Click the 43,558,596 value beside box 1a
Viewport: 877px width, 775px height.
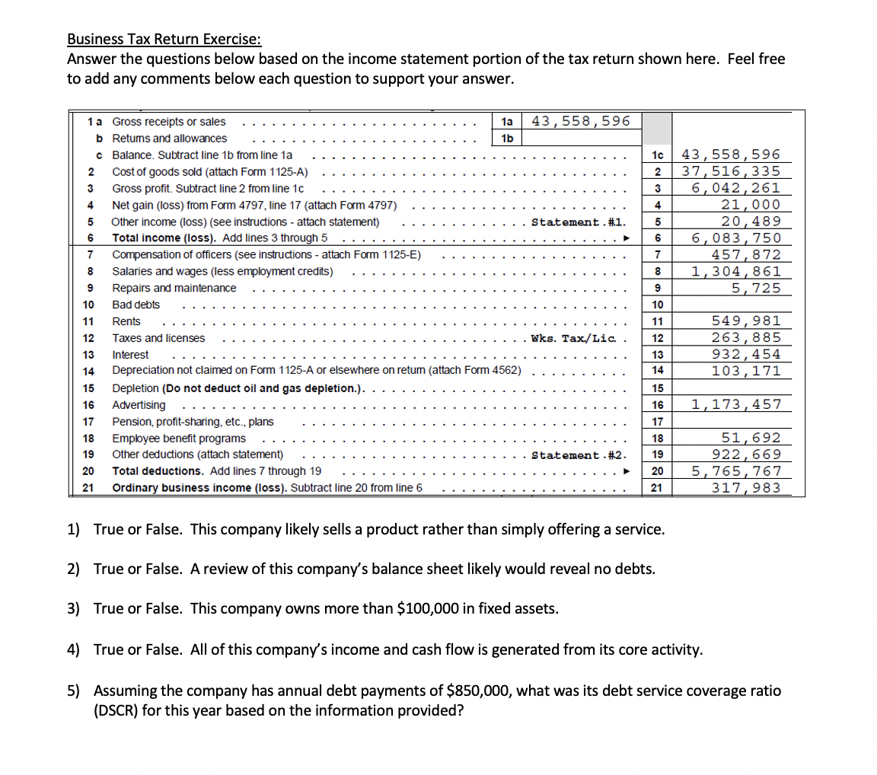point(580,121)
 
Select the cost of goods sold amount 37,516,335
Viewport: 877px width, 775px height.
point(730,171)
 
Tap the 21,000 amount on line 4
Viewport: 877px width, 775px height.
point(751,205)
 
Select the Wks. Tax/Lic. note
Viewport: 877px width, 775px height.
point(575,339)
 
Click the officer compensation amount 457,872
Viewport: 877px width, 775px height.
point(745,255)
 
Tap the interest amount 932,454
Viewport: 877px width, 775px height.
point(745,355)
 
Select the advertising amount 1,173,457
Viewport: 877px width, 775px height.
point(735,405)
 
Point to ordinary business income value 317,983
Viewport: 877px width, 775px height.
point(745,488)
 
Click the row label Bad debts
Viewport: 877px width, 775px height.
point(136,305)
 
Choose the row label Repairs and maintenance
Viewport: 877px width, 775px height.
point(174,289)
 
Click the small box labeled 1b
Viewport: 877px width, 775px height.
point(507,139)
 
